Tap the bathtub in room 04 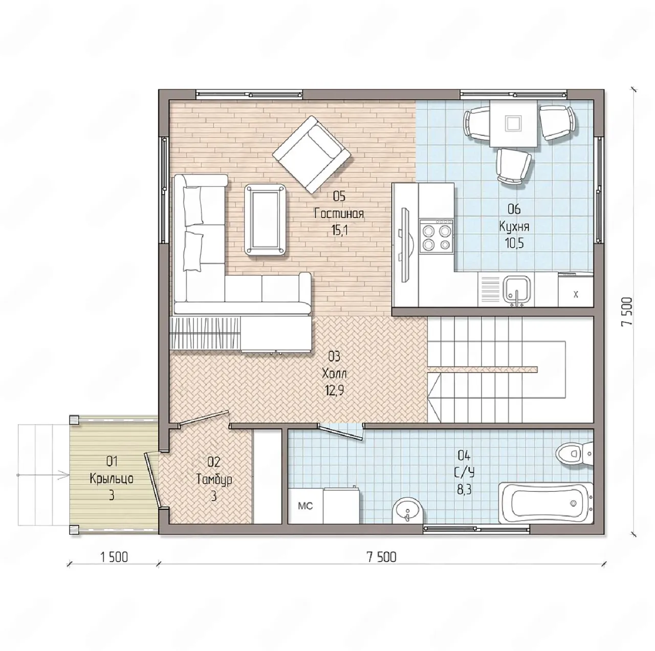point(546,503)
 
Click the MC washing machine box point(305,506)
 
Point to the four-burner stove point(436,236)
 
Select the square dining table point(513,123)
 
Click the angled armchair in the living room point(311,155)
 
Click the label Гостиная point(339,213)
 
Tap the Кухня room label point(514,226)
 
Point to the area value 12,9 point(334,390)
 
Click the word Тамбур point(214,479)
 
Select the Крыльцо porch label point(112,479)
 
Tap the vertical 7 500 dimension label point(626,312)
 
